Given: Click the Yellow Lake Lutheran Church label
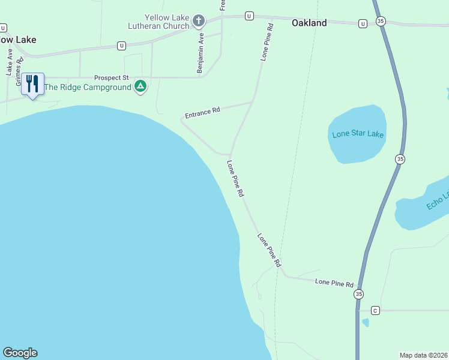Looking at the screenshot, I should pos(158,22).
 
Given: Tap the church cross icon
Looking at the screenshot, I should pos(199,22).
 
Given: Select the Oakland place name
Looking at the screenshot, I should pos(309,23).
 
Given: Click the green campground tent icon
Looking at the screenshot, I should pos(140,86).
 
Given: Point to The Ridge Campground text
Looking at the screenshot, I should pos(88,87).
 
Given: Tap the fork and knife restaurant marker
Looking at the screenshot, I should pos(32,83).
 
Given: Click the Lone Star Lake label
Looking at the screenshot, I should pos(357,134).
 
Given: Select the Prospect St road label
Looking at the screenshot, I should pos(112,78).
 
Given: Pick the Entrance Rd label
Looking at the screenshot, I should pos(202,112).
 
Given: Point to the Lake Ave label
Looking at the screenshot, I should pos(10,62).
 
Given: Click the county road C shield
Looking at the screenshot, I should pos(376,310).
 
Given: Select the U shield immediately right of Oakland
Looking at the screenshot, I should pos(363,23).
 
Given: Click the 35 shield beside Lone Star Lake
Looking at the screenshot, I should pos(400,159).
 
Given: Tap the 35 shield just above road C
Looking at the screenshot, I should pos(358,294).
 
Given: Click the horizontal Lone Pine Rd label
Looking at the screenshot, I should pos(334,283).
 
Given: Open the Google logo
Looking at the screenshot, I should pos(20,353).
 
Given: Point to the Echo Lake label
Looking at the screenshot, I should pos(438,200).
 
